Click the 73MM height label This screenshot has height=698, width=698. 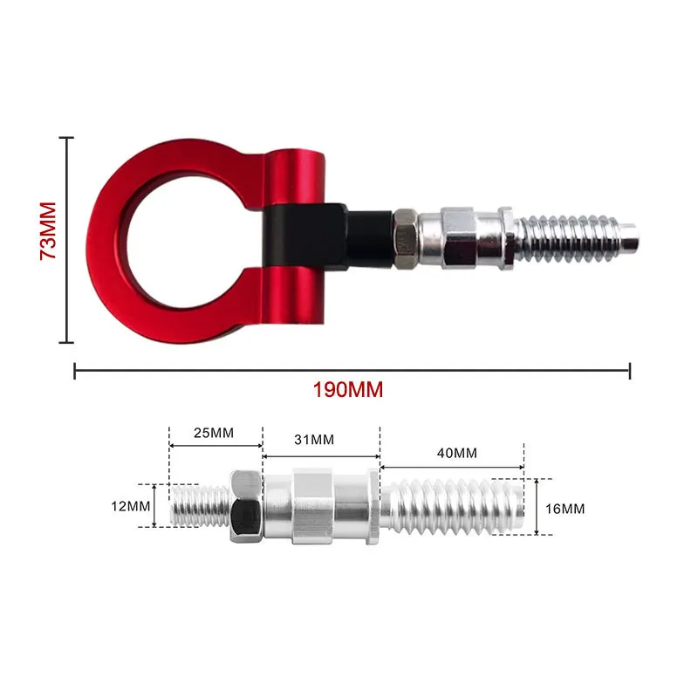pos(48,230)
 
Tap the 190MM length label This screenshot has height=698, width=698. pos(348,390)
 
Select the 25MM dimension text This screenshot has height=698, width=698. pos(214,433)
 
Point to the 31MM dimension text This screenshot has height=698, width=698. pos(314,440)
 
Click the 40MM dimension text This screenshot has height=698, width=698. pos(457,453)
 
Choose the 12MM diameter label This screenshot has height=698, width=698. pos(131,506)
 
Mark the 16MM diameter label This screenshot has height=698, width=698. pos(565,509)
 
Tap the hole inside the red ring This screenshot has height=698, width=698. pos(186,241)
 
